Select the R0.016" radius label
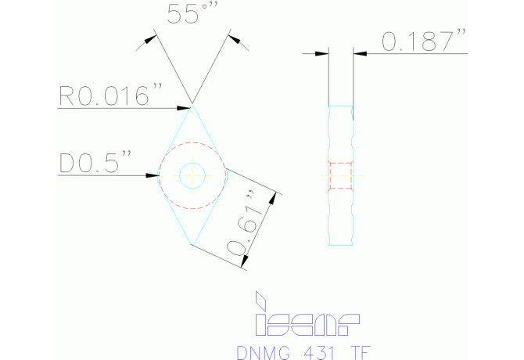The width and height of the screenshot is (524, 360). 109,96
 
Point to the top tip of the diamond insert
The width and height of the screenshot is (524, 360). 192,106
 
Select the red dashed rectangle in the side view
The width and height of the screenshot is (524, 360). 341,175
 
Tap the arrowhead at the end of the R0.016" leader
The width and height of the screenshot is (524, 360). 187,106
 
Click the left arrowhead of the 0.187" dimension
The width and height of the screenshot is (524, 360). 324,54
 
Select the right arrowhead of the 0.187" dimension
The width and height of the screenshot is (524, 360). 359,54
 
